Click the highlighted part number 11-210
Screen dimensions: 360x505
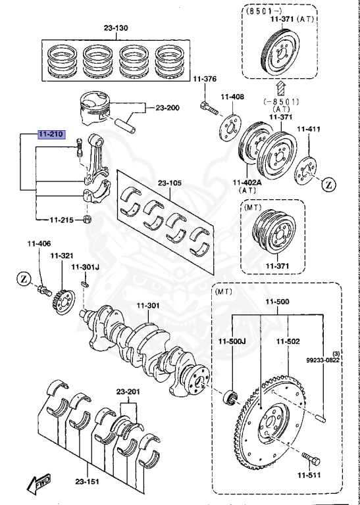(51, 134)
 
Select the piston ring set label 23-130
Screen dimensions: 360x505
(116, 28)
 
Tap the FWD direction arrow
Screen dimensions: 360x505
(38, 484)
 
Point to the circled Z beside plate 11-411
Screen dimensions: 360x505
(328, 185)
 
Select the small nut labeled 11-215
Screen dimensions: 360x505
(87, 220)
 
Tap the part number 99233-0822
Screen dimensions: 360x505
(323, 360)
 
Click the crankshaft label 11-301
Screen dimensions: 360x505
(148, 306)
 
